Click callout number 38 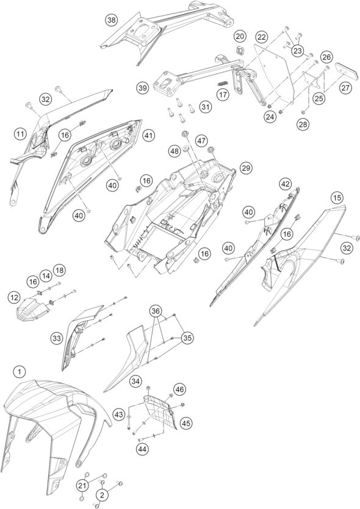tap(112, 20)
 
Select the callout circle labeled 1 tap(20, 372)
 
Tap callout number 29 tap(246, 168)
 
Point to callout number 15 tap(337, 198)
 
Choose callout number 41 tap(148, 135)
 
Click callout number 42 tap(285, 184)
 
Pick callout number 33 tap(56, 338)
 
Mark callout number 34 tap(136, 381)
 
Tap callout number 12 tap(14, 297)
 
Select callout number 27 tap(346, 88)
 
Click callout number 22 tap(262, 37)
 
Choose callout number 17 tap(223, 94)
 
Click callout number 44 tap(143, 449)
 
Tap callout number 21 tap(82, 486)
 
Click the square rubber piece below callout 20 tap(240, 51)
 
